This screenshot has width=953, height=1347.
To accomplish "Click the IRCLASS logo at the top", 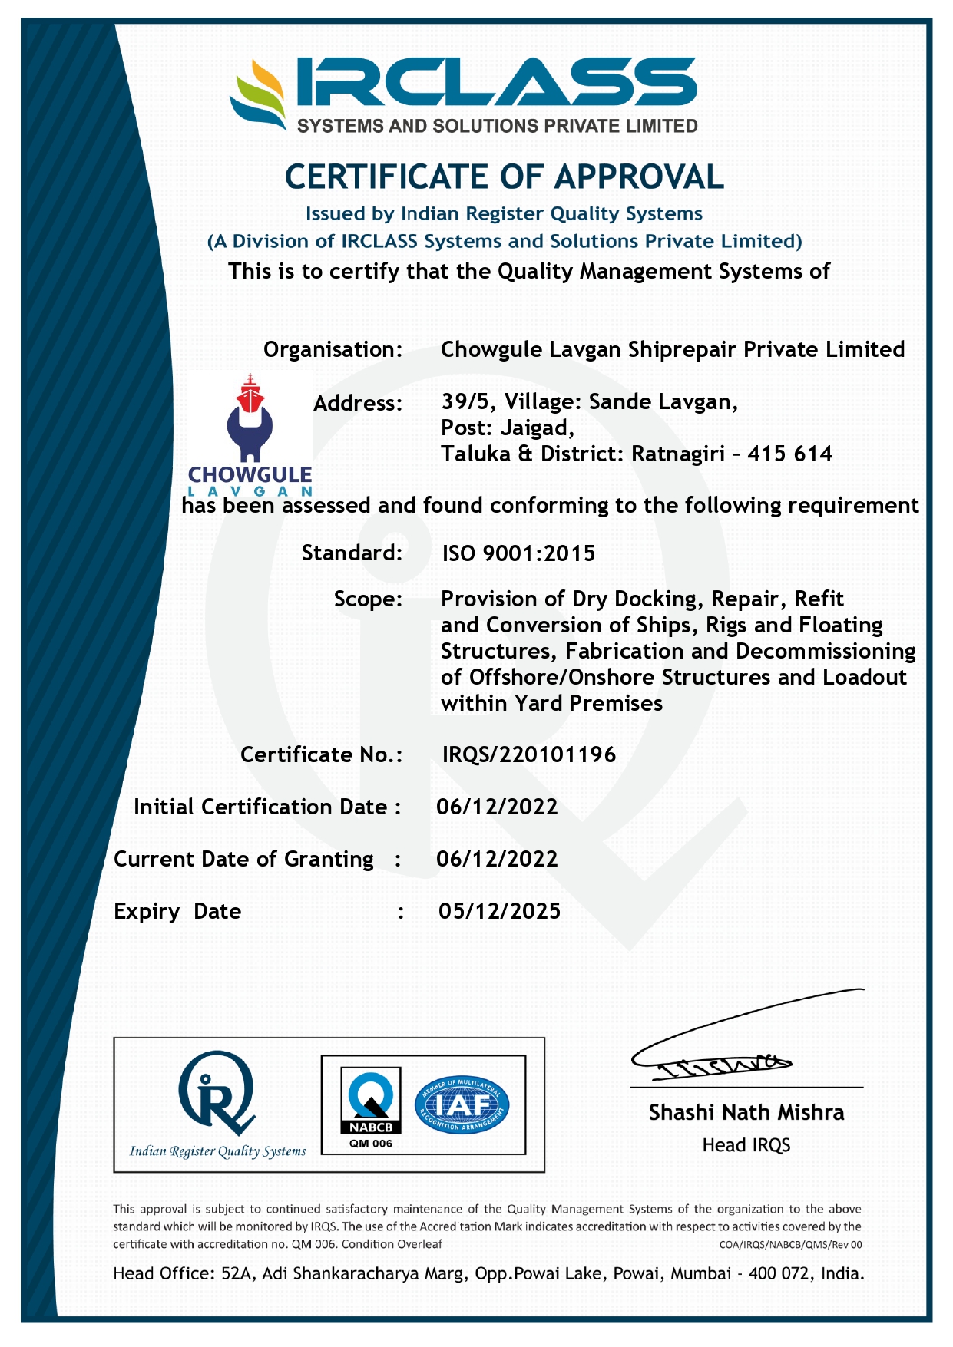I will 464,94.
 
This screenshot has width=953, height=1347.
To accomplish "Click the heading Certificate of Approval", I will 504,177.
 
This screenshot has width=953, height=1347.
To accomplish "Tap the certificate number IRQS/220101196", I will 529,754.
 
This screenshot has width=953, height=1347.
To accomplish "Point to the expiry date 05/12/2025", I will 499,911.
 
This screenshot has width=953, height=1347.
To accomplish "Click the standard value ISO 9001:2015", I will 518,553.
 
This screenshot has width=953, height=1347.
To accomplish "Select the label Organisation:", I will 333,350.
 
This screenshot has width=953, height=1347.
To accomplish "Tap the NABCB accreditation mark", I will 371,1105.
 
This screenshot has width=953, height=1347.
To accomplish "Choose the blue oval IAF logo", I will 462,1104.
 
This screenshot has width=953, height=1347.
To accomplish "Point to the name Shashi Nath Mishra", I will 746,1112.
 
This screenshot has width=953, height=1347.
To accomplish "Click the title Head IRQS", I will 746,1145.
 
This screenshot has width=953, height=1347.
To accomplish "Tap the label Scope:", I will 368,599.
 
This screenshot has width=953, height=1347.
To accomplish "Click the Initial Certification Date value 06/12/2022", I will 497,807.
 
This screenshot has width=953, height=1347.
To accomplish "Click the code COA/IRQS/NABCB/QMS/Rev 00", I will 790,1245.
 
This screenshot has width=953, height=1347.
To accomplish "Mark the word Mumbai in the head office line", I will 700,1274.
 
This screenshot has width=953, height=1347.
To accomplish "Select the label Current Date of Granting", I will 243,859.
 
